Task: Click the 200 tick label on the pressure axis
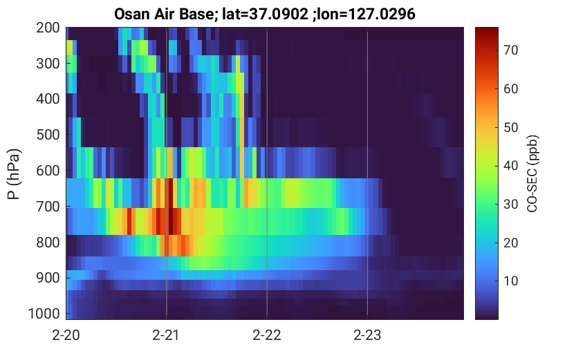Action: [48, 28]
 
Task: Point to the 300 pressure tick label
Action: [48, 64]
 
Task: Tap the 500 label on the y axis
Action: [48, 135]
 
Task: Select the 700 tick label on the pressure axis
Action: [48, 207]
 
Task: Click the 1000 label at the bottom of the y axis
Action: [44, 314]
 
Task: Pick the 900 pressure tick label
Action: [48, 278]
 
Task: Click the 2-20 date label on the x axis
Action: [66, 335]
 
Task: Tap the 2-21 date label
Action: [166, 335]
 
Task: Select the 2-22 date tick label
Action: [267, 335]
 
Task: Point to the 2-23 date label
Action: [367, 335]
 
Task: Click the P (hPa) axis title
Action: [14, 174]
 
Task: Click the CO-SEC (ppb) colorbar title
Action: [532, 174]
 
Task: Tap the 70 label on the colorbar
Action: [510, 50]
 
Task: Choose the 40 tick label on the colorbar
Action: [510, 166]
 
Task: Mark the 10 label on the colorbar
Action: [510, 281]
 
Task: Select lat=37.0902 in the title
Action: [266, 15]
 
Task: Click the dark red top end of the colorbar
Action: [487, 29]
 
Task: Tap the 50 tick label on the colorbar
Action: [510, 127]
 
